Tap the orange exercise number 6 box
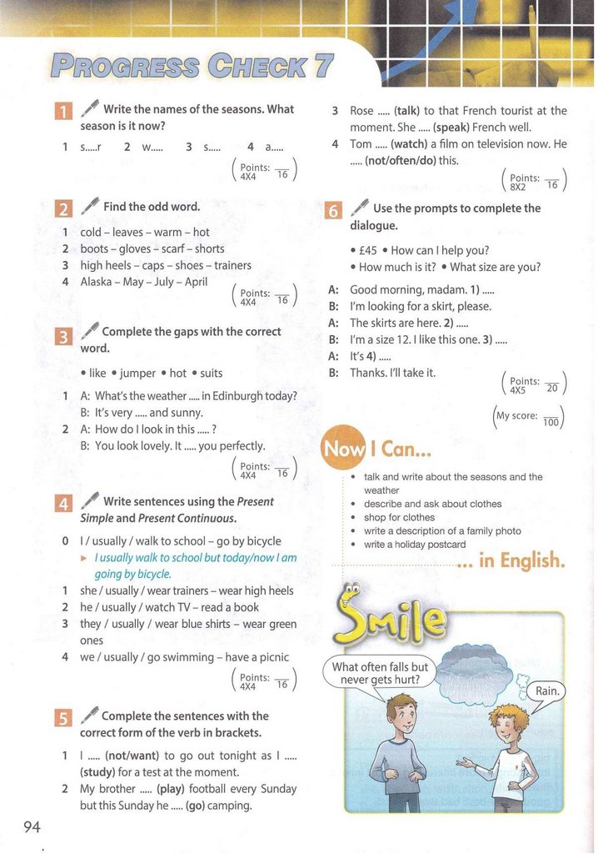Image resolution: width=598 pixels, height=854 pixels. tap(331, 211)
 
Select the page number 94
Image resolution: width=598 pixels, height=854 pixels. tap(32, 826)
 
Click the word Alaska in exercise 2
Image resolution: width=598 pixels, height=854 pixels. tap(97, 281)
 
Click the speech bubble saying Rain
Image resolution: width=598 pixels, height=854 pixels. tap(547, 691)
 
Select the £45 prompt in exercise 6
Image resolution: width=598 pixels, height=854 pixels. tap(367, 250)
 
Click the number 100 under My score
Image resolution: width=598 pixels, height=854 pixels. tap(551, 423)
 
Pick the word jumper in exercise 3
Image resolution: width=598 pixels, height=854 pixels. tap(141, 373)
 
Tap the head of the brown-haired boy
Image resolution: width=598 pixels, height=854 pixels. tap(403, 716)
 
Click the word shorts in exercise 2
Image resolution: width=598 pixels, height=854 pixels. tap(209, 249)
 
